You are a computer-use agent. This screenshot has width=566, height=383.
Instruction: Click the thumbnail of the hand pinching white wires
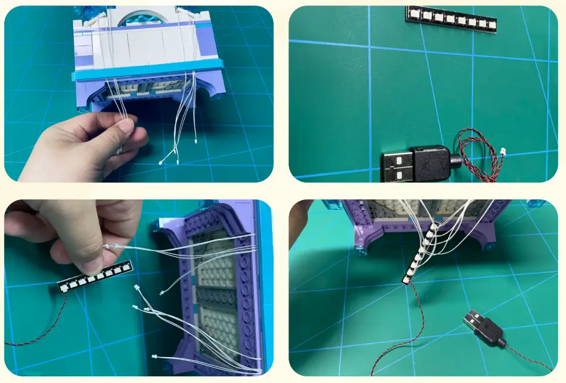click(138, 94)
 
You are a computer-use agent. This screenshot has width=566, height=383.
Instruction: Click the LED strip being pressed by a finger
click(95, 277)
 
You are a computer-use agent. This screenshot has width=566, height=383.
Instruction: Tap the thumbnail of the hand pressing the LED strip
click(138, 288)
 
